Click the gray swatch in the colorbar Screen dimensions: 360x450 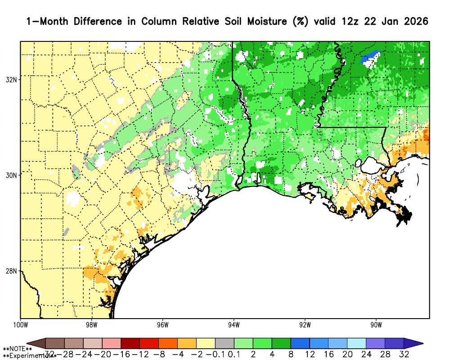pyautogui.click(x=225, y=343)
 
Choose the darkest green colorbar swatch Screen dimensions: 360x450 pyautogui.click(x=281, y=343)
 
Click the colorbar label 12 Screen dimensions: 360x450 pyautogui.click(x=310, y=354)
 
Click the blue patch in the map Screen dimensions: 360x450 pyautogui.click(x=370, y=57)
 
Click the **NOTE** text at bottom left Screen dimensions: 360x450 pyautogui.click(x=18, y=349)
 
